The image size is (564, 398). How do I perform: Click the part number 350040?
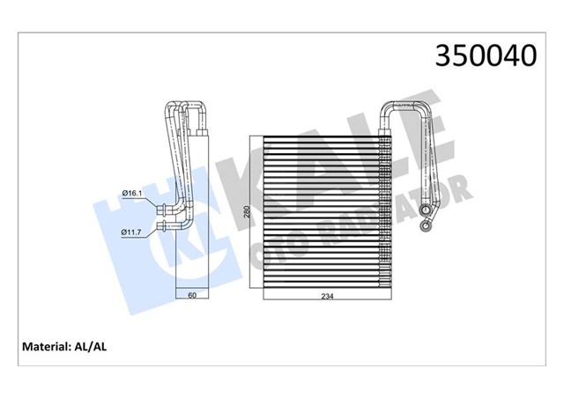[483, 55]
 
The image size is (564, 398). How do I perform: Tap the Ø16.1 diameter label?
[132, 193]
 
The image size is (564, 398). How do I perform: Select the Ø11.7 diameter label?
[132, 232]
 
